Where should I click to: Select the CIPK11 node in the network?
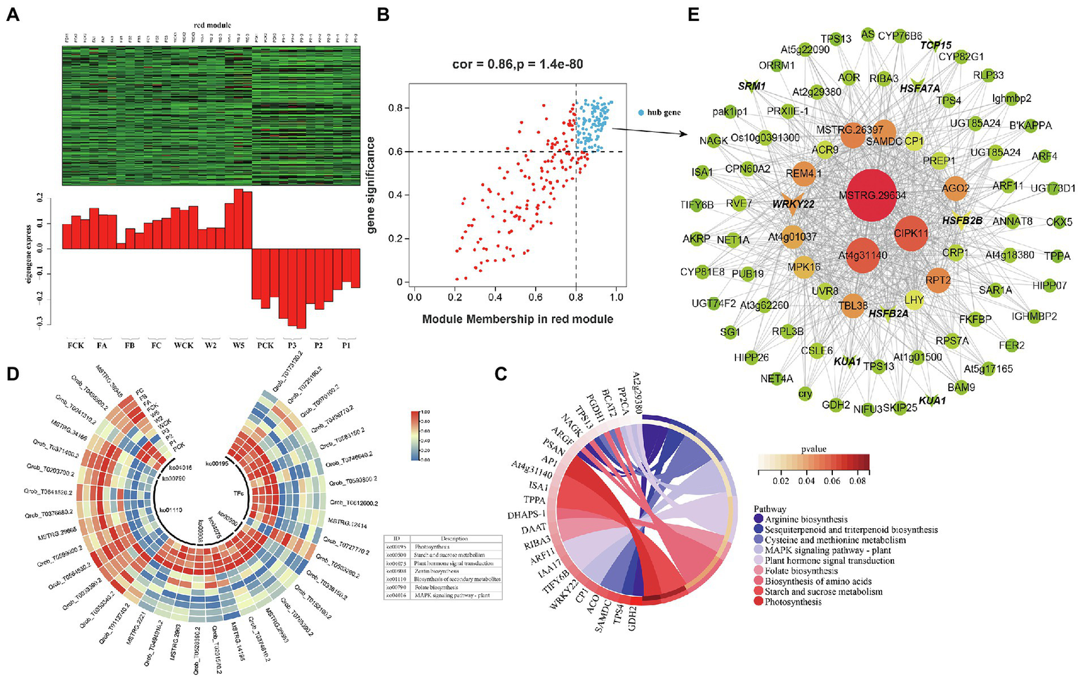point(911,232)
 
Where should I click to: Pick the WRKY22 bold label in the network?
point(793,204)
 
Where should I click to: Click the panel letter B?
point(383,14)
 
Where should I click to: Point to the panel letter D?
point(13,374)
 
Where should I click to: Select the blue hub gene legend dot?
point(640,112)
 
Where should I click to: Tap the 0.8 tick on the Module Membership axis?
point(576,297)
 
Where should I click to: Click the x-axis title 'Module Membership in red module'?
point(518,320)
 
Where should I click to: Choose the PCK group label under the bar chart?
point(265,346)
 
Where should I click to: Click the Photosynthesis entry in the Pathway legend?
point(793,602)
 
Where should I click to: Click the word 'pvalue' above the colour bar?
point(814,449)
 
